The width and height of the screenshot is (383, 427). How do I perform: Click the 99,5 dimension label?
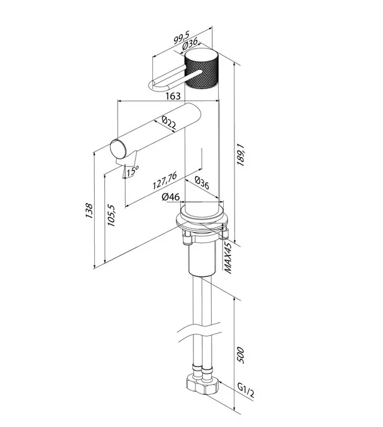coord(181,37)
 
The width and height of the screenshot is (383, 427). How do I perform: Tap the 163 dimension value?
coord(173,96)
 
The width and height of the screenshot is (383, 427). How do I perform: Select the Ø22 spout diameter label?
coord(169,122)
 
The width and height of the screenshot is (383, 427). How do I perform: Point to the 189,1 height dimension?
coord(241,154)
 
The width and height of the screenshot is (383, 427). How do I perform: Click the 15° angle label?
coord(133,170)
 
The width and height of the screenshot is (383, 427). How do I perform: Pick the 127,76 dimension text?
coord(165,180)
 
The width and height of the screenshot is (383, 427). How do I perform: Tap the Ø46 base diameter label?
coord(171,197)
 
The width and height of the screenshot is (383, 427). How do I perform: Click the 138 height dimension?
coord(89,210)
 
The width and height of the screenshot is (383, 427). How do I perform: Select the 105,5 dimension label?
coord(111,215)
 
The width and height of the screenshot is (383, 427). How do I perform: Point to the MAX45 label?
coord(228,257)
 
